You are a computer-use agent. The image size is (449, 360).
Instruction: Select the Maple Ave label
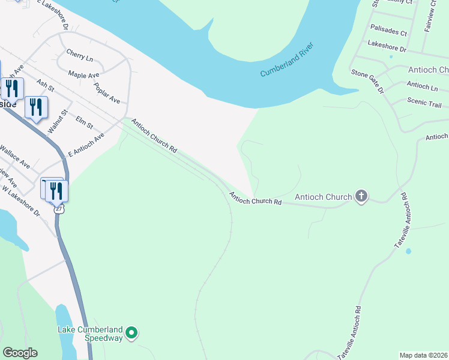tap(83, 75)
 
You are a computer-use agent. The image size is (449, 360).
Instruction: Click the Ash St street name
tap(45, 85)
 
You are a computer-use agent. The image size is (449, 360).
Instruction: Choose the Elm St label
tap(84, 122)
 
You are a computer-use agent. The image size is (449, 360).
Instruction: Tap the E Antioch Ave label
tap(86, 145)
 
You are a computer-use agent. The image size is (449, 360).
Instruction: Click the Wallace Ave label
tap(15, 156)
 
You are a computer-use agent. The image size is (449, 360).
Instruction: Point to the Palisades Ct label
tap(388, 29)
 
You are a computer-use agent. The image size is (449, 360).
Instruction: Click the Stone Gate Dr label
tap(367, 81)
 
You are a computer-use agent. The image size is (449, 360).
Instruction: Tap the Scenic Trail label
tap(424, 102)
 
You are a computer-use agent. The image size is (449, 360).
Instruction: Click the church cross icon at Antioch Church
tap(361, 197)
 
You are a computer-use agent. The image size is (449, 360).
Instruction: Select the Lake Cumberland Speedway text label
tap(90, 334)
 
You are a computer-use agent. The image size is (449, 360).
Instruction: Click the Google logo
tap(20, 353)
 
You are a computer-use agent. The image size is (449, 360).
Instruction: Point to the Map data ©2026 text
tap(423, 355)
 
